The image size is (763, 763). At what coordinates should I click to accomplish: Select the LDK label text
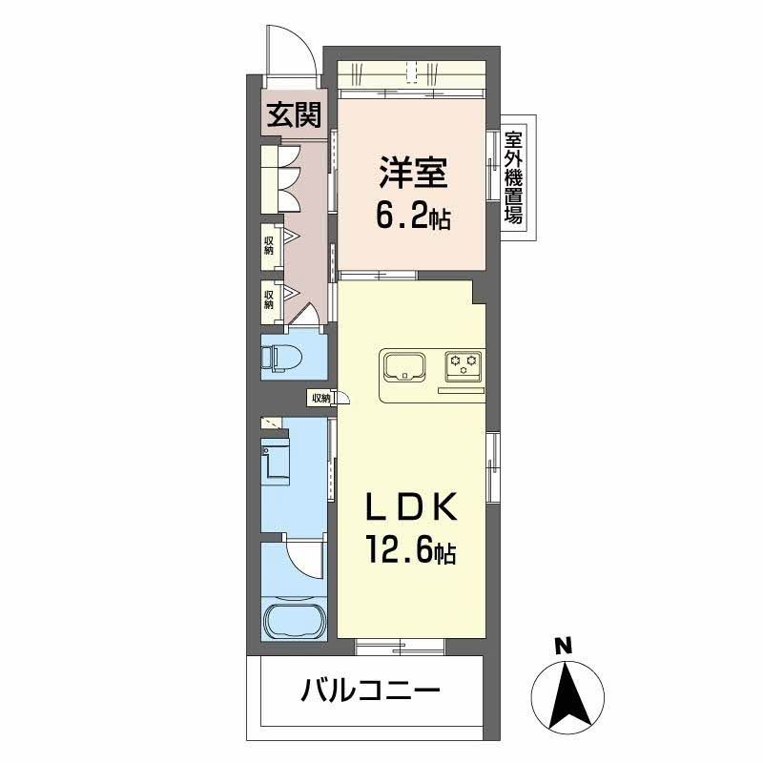(412, 506)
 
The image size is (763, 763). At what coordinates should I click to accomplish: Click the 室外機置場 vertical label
(513, 178)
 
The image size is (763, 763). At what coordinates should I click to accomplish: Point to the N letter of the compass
(565, 646)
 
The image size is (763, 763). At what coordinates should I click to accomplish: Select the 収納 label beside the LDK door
(319, 398)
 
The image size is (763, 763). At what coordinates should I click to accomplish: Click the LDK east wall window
(492, 467)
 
